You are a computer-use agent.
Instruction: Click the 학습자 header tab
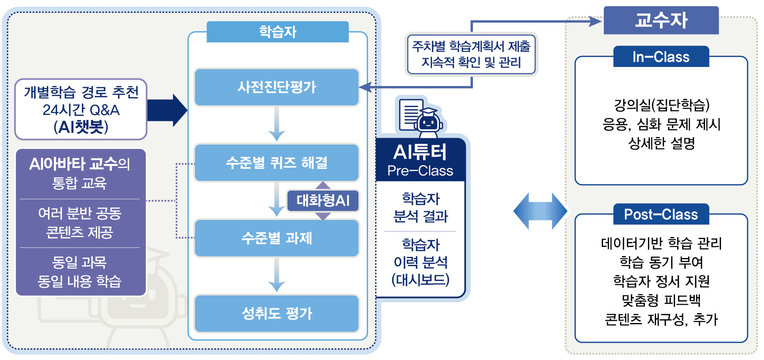[x=277, y=32]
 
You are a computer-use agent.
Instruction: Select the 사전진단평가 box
[x=277, y=87]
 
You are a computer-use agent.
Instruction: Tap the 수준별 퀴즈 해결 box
[x=277, y=162]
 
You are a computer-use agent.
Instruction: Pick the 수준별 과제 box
[x=277, y=238]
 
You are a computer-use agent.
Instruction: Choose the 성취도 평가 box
[x=277, y=314]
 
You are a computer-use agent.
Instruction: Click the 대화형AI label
[x=323, y=201]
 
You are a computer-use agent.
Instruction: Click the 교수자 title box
[x=661, y=20]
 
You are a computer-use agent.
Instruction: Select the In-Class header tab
[x=661, y=57]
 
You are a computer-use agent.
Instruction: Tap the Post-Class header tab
[x=661, y=214]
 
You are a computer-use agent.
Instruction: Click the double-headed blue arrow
[x=540, y=211]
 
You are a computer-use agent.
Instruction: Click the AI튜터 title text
[x=420, y=152]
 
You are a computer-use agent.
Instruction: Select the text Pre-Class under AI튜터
[x=420, y=171]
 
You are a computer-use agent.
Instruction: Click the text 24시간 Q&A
[x=81, y=110]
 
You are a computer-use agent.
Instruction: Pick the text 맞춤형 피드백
[x=661, y=300]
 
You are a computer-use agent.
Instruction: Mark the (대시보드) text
[x=420, y=280]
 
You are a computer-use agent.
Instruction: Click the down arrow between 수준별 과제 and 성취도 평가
[x=277, y=275]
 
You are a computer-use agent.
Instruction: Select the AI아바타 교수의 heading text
[x=80, y=164]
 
